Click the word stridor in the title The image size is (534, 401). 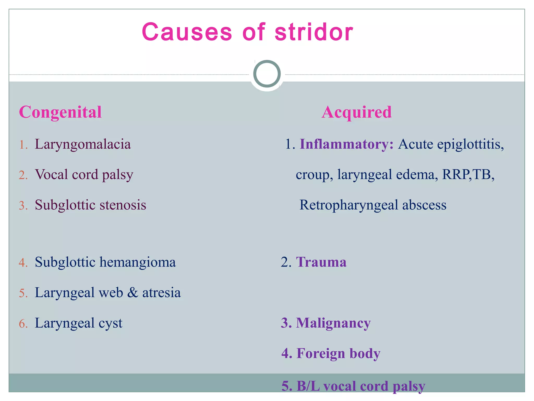(314, 32)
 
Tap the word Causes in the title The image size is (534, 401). (187, 32)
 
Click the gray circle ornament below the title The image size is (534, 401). (267, 74)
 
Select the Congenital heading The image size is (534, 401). (60, 112)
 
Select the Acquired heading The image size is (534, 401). (356, 112)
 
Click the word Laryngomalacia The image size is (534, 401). (83, 144)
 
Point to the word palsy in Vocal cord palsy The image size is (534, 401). (118, 175)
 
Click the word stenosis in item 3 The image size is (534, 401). (123, 205)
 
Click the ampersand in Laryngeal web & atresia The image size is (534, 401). (133, 293)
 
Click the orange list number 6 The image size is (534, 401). (23, 324)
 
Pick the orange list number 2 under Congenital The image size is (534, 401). (23, 175)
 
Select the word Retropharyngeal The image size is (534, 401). (349, 205)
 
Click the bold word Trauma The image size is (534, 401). (321, 262)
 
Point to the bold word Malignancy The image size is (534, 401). (333, 323)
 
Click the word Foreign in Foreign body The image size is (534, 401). (321, 353)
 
